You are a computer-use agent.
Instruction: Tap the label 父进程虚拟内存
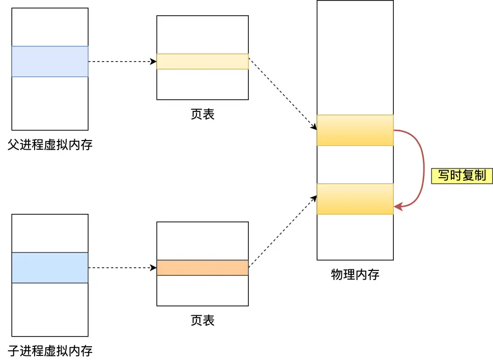50,145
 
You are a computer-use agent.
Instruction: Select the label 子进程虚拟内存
50,351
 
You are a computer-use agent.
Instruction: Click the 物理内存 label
355,275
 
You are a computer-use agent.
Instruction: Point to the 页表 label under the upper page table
202,114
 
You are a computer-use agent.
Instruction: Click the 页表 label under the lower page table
202,320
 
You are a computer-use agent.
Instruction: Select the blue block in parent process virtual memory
50,62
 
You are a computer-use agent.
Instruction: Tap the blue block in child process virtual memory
50,268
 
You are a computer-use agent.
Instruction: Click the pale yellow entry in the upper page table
202,62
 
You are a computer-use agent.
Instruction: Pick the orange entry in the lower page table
202,268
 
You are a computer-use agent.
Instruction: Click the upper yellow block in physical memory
355,130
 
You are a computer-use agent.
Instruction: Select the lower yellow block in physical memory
355,199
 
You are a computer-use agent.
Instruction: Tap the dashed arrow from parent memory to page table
122,62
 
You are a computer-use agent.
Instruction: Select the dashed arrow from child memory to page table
122,268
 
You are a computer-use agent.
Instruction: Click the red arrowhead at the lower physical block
398,207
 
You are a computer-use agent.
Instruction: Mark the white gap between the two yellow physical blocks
355,164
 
